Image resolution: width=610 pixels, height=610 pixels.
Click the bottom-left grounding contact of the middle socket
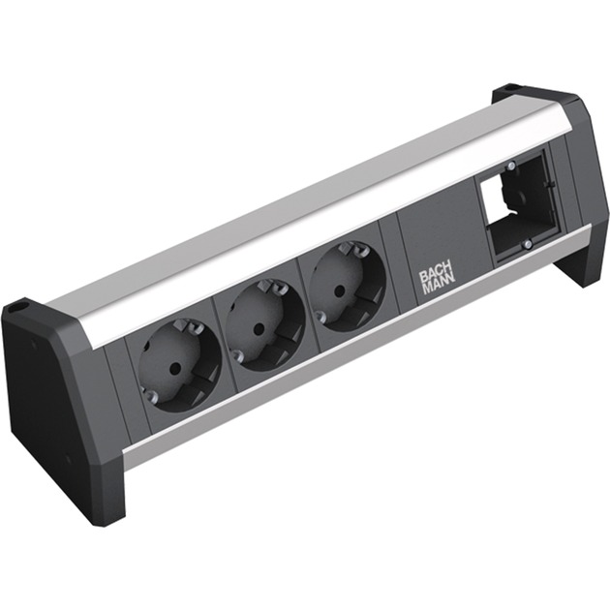240,357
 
